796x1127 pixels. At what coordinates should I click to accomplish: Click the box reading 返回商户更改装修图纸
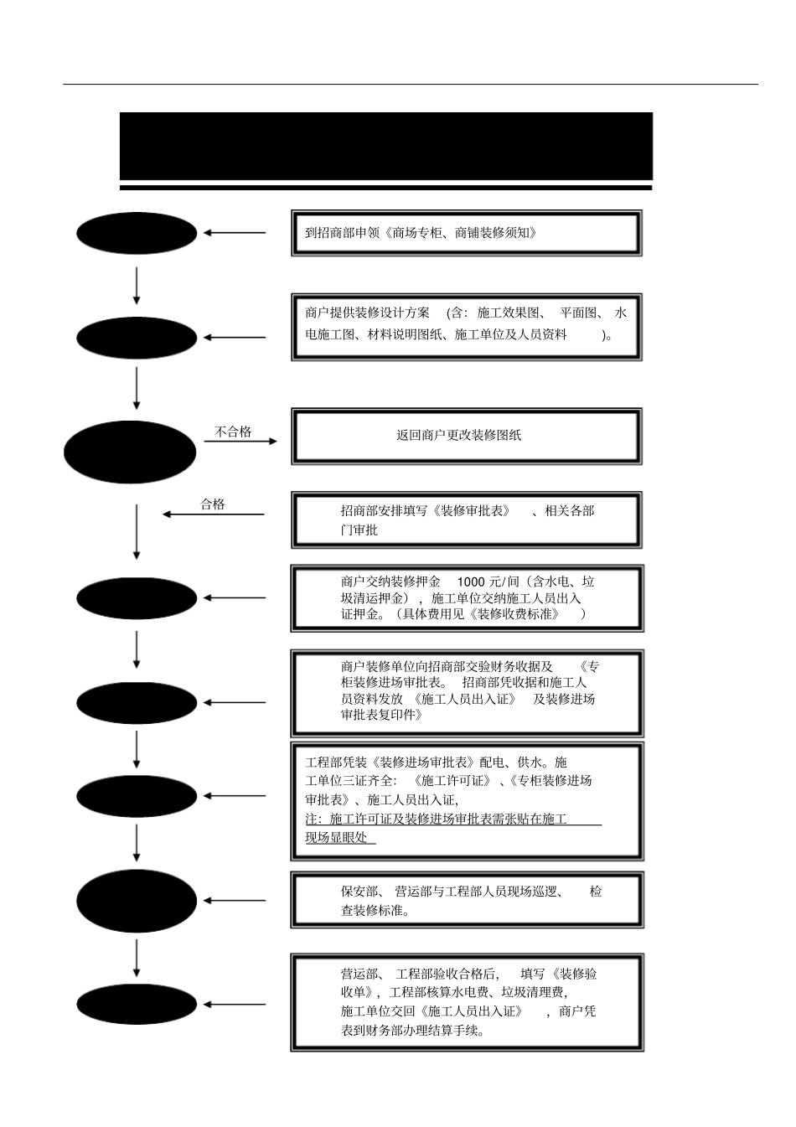pos(466,436)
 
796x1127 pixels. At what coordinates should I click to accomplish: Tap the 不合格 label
pos(233,432)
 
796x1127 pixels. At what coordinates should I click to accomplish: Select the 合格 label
pos(213,504)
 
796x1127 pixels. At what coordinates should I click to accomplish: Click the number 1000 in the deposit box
pos(471,582)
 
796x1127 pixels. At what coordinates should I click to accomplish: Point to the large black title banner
pos(385,147)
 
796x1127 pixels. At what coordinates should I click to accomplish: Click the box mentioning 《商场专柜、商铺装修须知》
pos(466,233)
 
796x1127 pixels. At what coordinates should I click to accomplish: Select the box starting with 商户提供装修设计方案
pos(466,327)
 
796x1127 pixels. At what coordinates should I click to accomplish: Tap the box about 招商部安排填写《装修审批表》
pos(466,520)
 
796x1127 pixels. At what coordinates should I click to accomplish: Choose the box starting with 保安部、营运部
pos(467,901)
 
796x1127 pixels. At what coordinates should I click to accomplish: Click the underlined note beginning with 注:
pos(452,828)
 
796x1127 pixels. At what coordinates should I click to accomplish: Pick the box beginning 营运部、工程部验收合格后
pos(467,1002)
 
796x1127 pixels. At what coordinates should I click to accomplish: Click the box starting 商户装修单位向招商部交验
pos(467,692)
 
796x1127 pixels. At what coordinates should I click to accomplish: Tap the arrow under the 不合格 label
pos(240,441)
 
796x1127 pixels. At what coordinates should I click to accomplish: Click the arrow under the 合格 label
pos(214,514)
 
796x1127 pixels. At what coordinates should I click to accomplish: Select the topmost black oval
pos(137,233)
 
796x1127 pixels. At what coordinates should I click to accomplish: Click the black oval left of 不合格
pos(130,452)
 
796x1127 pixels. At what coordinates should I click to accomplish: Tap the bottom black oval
pos(137,1004)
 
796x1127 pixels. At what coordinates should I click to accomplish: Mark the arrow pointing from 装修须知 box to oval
pos(235,233)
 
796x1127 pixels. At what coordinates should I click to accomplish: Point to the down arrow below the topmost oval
pos(137,286)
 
